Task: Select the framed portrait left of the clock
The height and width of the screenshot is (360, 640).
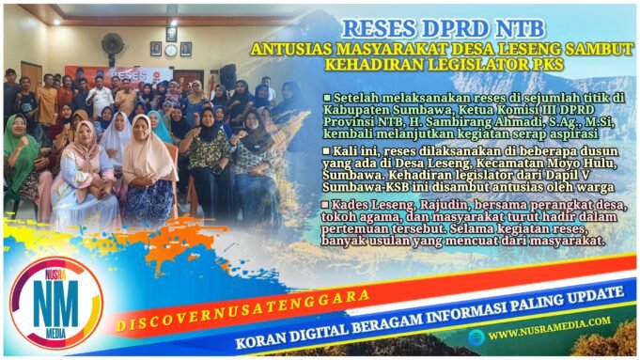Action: click(x=155, y=48)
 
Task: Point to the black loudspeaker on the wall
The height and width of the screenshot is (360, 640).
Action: click(x=228, y=77)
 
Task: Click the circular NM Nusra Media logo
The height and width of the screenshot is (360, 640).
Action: click(x=54, y=302)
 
